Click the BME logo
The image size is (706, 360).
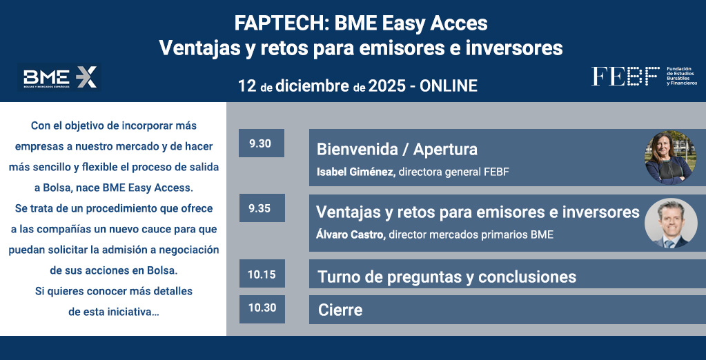[x=59, y=77]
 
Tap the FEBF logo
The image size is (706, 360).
[x=645, y=76]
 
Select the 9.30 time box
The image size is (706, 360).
[x=261, y=143]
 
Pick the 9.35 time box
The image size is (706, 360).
[x=262, y=208]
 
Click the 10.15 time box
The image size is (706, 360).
[x=262, y=274]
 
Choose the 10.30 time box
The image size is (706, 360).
[x=262, y=309]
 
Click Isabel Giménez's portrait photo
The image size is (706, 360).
[x=670, y=157]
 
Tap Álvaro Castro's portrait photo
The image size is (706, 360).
[x=670, y=223]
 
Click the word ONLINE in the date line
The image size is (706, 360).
[x=449, y=86]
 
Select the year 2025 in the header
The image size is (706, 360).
[x=386, y=86]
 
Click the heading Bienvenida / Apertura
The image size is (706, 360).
[x=397, y=150]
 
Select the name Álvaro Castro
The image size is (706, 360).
[x=351, y=234]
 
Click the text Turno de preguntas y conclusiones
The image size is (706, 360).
[x=447, y=277]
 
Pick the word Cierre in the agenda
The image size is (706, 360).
[x=340, y=310]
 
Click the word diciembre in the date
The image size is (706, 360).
[x=312, y=86]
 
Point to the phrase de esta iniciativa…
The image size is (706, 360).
[x=113, y=312]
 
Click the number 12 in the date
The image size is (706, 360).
[x=247, y=86]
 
